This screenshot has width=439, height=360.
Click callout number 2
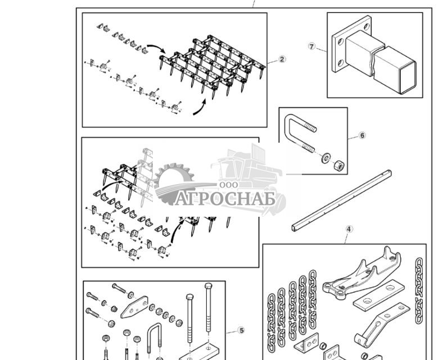(282, 59)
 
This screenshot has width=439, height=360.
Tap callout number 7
(311, 46)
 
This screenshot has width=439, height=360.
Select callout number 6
(362, 135)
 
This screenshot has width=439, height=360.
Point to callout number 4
(349, 229)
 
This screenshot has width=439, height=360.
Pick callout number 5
(241, 330)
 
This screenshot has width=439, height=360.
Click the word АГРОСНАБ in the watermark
(225, 199)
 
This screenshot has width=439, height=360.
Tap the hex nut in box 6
(339, 166)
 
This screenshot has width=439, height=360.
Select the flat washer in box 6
(326, 158)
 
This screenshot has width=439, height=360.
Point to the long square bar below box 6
(342, 201)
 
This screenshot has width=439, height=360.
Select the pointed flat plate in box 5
(134, 307)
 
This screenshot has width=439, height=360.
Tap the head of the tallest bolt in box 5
(209, 286)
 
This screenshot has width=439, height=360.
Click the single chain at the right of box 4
(419, 290)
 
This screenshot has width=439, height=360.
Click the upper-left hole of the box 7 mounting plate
(341, 42)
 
